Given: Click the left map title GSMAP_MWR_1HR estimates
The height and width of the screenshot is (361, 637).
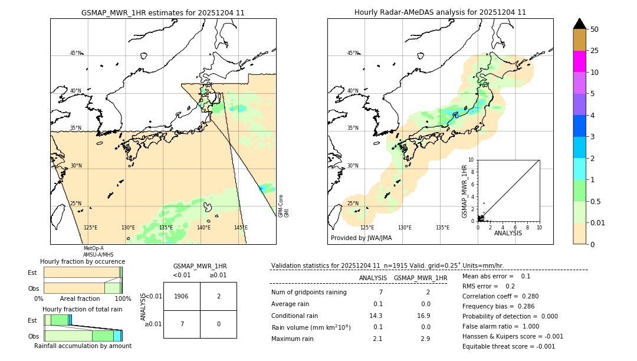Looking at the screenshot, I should (163, 12).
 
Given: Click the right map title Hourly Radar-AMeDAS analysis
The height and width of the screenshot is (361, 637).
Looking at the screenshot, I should (440, 12).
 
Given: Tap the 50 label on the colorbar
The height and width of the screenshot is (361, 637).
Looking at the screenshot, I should (595, 29).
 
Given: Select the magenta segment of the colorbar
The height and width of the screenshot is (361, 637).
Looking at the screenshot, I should (579, 61).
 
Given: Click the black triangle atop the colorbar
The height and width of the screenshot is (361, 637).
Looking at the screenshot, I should (579, 24).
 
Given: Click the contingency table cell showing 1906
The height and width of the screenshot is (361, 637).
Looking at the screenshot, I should (182, 296).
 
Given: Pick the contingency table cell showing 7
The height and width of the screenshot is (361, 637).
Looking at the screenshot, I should (182, 324).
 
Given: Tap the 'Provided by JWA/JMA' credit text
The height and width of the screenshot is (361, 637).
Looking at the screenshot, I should (361, 238).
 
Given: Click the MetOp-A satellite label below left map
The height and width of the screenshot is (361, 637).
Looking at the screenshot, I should (93, 248).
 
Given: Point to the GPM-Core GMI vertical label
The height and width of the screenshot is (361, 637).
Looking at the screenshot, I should (283, 206).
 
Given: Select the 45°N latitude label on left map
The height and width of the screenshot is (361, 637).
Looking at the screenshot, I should (75, 53).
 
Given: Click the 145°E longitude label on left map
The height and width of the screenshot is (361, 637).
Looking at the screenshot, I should (241, 228).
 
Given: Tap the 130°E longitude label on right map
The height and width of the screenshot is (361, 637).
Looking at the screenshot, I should (405, 228).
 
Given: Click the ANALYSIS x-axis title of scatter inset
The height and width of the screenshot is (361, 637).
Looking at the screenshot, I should (508, 233).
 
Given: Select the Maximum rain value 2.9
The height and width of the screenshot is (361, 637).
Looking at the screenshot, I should (425, 339).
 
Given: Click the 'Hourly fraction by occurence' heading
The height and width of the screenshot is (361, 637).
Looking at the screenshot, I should (83, 261).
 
